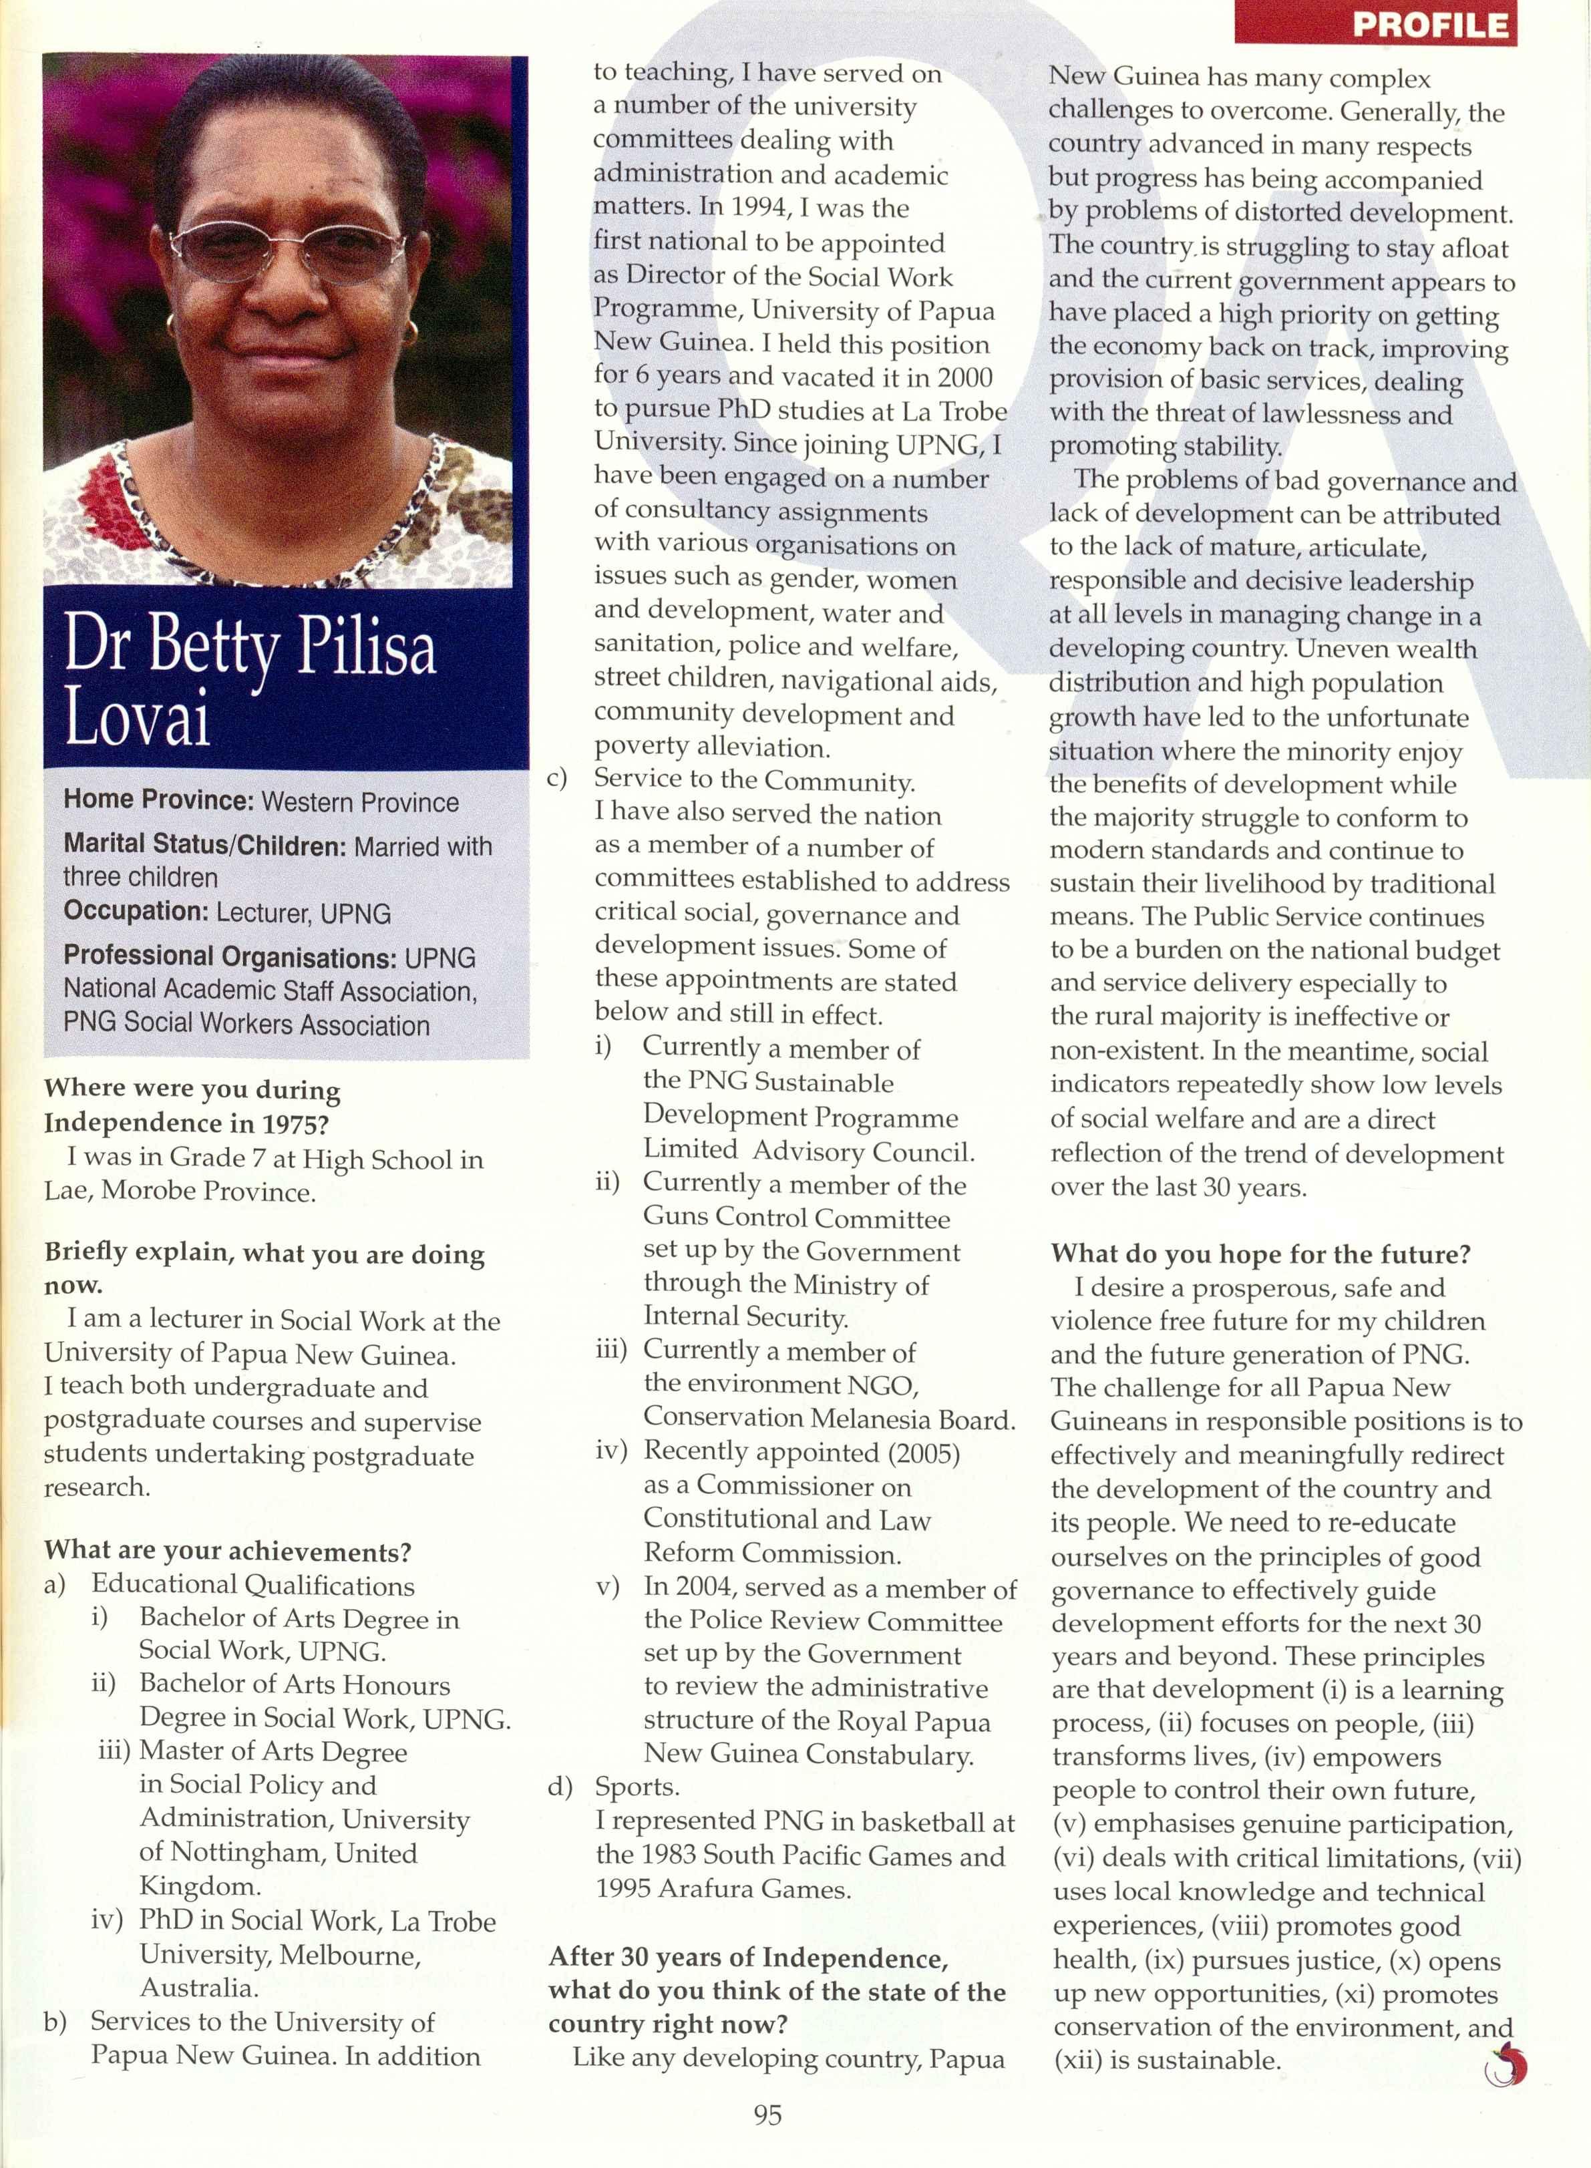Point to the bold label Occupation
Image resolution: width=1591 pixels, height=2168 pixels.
click(136, 911)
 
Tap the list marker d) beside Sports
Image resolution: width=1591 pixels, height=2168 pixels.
click(560, 1787)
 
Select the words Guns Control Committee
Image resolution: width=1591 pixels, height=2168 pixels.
click(796, 1218)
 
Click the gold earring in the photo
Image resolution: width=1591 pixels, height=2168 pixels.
click(411, 331)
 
